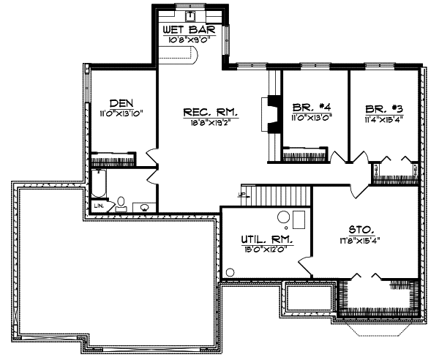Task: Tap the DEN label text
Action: (x=121, y=103)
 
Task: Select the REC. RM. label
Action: (x=211, y=112)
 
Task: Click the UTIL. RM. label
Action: (x=267, y=239)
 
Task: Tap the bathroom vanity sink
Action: (x=146, y=207)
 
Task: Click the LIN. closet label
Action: (x=98, y=206)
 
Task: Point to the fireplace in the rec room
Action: (x=273, y=114)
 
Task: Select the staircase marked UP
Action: (x=282, y=195)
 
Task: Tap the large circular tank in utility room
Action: (x=283, y=217)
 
